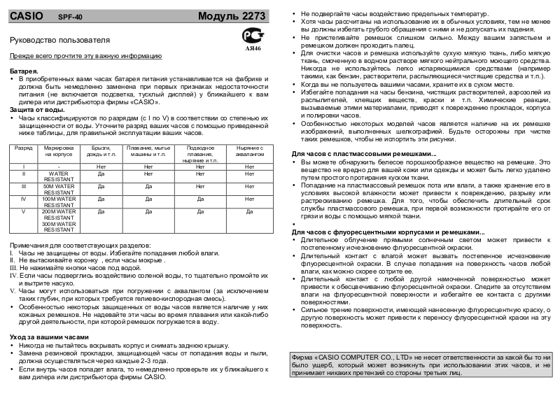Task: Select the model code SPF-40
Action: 71,16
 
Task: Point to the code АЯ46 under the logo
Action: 253,50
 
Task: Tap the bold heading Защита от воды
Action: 38,111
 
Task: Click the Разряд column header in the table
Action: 24,149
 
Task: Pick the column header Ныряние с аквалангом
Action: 249,153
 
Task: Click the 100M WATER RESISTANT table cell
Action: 59,202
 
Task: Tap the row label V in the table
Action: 24,211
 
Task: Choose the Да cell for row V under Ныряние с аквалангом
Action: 249,211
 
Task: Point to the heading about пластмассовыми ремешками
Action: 363,153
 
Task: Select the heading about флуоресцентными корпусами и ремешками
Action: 387,232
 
